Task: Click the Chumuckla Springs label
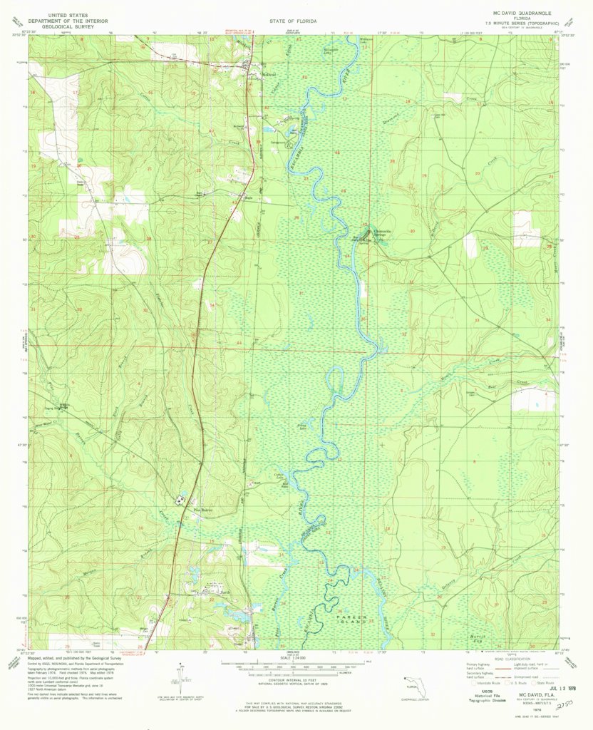pos(378,234)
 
